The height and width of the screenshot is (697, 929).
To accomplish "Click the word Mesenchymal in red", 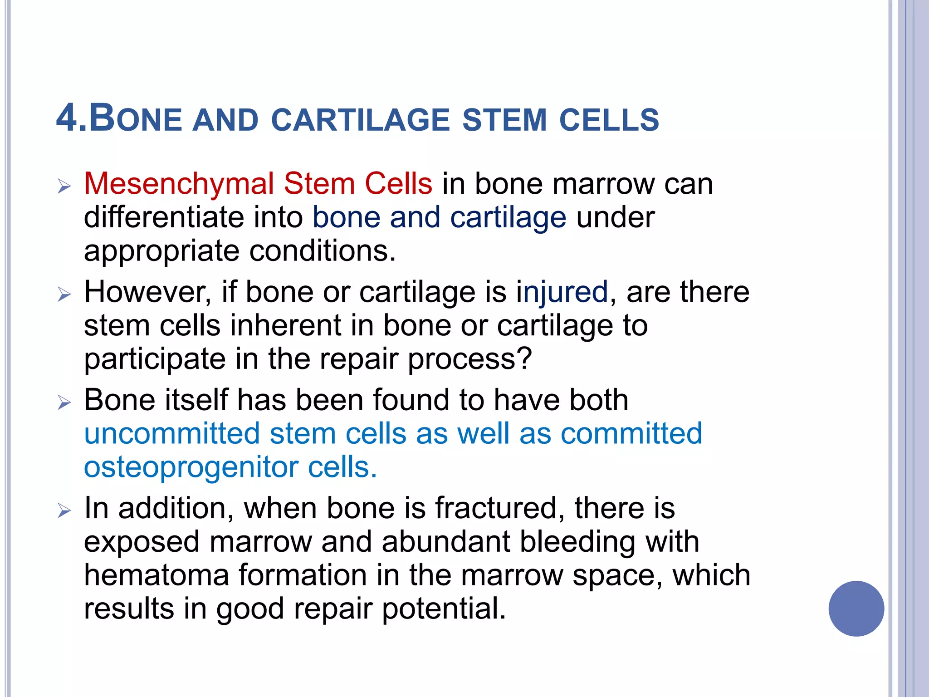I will click(179, 184).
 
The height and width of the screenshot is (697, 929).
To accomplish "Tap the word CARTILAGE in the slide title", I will click(360, 120).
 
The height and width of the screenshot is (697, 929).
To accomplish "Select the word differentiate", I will click(164, 217).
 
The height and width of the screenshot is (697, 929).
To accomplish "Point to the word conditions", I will click(323, 251).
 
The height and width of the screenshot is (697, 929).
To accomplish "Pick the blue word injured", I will click(562, 292).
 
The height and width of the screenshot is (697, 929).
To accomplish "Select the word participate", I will click(155, 359).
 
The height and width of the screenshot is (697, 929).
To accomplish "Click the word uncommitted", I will click(172, 433).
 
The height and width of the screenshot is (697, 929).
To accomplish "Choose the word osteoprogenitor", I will click(191, 467).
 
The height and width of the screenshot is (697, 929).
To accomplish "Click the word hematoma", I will click(156, 575).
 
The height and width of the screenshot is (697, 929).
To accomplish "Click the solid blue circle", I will click(856, 609).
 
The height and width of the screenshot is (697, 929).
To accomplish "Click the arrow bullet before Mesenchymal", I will click(64, 187).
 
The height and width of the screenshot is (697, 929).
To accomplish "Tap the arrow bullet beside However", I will click(64, 295).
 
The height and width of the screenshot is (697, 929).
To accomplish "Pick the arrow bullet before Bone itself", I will click(64, 402).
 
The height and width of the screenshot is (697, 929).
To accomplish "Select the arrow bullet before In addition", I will click(64, 511).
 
